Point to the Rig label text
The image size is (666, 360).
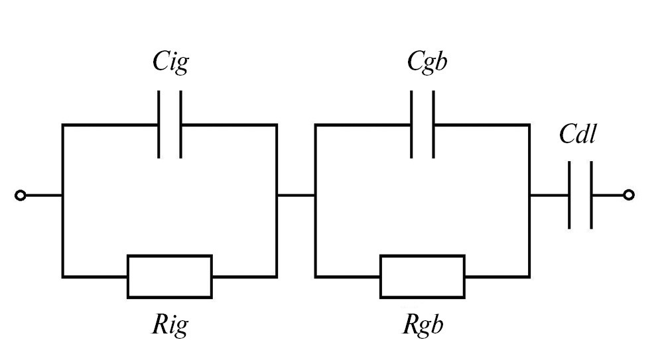point(170,325)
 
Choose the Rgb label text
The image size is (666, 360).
point(423,325)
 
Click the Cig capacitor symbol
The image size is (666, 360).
point(170,124)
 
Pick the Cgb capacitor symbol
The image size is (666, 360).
point(423,124)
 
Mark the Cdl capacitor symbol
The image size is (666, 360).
point(580,195)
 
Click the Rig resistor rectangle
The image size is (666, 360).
point(170,276)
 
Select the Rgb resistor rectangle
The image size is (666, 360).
point(423,276)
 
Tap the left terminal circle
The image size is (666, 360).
point(21,196)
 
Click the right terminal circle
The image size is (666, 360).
point(629,194)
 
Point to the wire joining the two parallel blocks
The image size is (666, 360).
point(296,195)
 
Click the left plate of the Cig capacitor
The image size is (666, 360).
point(159,124)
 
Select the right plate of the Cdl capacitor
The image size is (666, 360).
point(591,195)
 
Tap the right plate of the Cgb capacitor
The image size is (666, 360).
point(434,124)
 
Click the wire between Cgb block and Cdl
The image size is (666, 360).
point(549,195)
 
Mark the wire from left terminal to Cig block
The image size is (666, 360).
point(43,196)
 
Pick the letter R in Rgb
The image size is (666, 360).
point(409,325)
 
